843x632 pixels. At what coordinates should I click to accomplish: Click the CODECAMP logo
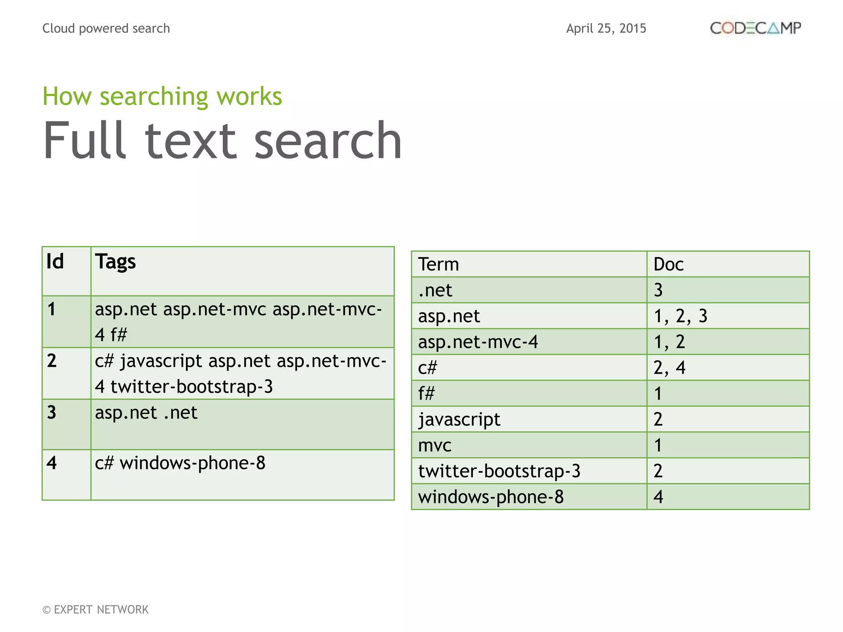tap(755, 28)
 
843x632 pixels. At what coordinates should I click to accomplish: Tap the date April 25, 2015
tap(606, 28)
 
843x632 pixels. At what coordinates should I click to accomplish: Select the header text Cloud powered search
tap(106, 28)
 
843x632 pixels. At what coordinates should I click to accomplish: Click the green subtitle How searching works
tap(162, 96)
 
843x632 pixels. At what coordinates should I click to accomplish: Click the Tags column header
tap(115, 262)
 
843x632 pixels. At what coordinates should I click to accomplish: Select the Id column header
tap(55, 262)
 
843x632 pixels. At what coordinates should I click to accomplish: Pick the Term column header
tap(438, 264)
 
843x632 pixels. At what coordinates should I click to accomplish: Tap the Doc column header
tap(668, 264)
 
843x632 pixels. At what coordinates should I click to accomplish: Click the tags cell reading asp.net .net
tap(146, 413)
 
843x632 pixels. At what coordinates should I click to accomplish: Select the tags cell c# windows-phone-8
tap(180, 463)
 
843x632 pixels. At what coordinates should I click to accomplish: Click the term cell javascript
tap(459, 419)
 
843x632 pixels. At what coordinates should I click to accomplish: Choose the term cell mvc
tap(435, 445)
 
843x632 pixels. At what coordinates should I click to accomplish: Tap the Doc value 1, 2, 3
tap(680, 316)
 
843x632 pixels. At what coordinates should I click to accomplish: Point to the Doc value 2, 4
tap(669, 368)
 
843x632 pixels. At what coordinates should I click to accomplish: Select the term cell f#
tap(426, 393)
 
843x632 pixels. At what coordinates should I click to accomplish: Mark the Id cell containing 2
tap(52, 361)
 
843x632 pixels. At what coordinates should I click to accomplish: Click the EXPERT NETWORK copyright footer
tap(95, 609)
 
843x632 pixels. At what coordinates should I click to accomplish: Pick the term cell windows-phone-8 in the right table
tap(491, 497)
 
